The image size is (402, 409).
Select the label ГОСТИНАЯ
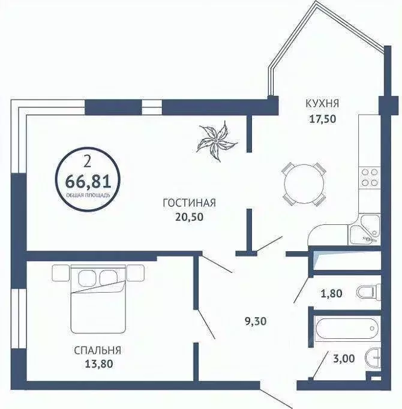coord(189,203)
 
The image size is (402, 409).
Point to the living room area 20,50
coord(189,217)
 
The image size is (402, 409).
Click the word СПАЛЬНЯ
coord(98,350)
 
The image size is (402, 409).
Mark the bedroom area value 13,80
coord(98,363)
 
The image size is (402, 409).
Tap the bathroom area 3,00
coord(344,359)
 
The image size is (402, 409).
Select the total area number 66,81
coord(88,178)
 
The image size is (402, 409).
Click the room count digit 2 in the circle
coord(88,160)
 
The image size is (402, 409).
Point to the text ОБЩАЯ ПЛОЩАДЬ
coord(88,194)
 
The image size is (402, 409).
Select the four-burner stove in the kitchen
coord(368,178)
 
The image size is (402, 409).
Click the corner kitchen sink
coord(365,230)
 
